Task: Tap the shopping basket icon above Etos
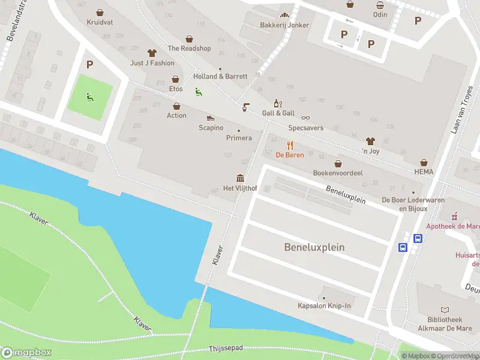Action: click(x=176, y=79)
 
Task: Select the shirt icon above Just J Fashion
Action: click(x=152, y=53)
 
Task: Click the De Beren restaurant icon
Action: click(x=290, y=145)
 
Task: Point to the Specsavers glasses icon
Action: click(x=305, y=118)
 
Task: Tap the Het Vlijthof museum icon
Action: click(x=240, y=178)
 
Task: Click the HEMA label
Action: click(x=424, y=172)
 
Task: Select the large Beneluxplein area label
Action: click(x=314, y=247)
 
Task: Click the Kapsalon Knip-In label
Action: click(x=324, y=306)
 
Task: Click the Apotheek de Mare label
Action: click(x=453, y=226)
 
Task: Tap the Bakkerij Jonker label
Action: click(x=284, y=25)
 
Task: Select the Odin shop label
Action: click(x=380, y=14)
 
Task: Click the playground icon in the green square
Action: click(x=89, y=95)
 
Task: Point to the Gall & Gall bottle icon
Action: click(x=277, y=103)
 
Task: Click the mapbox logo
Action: click(x=26, y=353)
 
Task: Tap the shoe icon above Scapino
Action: click(x=211, y=118)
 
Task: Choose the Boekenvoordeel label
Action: click(x=338, y=173)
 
